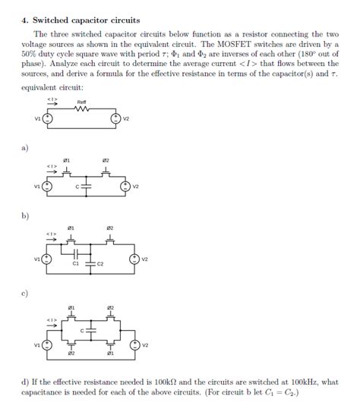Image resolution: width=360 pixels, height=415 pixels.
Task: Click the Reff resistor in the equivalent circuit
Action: point(82,108)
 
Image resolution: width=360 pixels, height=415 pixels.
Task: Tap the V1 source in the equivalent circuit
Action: point(47,118)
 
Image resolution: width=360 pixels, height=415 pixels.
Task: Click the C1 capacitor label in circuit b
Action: point(75,264)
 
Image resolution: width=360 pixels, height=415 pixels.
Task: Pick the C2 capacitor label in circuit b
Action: point(100,264)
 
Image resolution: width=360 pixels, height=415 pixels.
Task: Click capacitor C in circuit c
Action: point(90,331)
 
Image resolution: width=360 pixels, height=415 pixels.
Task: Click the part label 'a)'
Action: point(24,149)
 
